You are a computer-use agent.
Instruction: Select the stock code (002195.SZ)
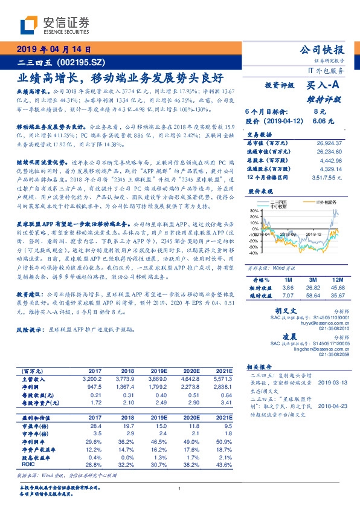[81, 62]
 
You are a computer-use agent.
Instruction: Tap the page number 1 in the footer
[180, 488]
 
